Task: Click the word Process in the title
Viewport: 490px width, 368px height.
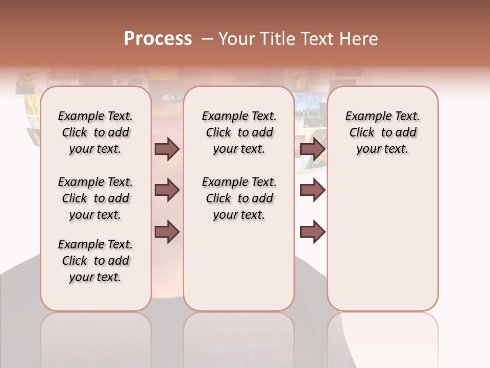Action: [158, 39]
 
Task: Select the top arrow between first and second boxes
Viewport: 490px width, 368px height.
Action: [167, 149]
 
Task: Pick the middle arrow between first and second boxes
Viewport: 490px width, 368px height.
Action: [167, 191]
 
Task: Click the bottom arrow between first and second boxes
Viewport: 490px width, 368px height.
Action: [167, 232]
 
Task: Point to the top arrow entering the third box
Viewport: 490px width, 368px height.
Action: [312, 149]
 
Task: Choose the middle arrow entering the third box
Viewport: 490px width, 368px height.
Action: [312, 191]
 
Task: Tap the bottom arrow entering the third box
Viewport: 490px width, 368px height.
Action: [312, 232]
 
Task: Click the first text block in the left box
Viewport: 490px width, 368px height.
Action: [95, 132]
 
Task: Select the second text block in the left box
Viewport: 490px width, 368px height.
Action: [95, 198]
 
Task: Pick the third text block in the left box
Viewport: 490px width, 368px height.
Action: [95, 261]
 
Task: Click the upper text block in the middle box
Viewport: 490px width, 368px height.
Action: [239, 132]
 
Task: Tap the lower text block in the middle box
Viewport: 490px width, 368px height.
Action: [239, 198]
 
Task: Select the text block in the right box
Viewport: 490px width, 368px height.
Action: [382, 132]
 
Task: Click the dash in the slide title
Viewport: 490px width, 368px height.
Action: [207, 39]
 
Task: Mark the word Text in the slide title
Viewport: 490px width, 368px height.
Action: [315, 39]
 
